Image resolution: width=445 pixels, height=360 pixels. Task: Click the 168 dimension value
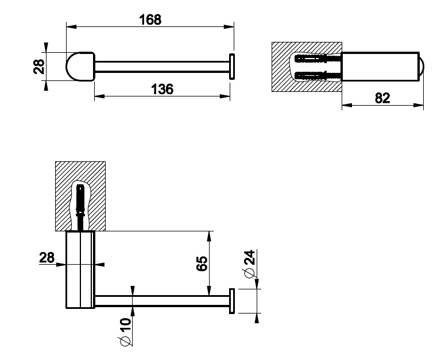point(150,20)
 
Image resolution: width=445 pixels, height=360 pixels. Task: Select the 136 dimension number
point(162,89)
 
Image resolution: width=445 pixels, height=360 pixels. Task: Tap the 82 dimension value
point(382,98)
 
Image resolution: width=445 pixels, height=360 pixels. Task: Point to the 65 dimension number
point(202,264)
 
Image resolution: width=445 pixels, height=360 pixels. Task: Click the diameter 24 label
point(249,264)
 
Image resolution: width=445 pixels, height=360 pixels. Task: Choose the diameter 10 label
point(125,332)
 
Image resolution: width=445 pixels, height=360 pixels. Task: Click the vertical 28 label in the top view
point(39,67)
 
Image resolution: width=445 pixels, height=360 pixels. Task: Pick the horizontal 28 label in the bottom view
point(47,258)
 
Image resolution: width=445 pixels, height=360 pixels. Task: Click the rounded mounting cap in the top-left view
point(80,67)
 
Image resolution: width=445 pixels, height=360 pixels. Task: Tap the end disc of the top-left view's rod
point(232,67)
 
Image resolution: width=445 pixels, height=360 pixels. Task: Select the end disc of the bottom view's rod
point(232,301)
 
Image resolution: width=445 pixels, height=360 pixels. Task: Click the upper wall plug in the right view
point(318,59)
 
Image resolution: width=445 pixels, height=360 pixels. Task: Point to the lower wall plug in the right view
point(318,75)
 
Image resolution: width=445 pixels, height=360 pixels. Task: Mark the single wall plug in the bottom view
point(80,208)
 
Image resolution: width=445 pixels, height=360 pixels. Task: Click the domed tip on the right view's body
point(421,67)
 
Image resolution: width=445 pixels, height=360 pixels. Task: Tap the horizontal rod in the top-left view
point(162,67)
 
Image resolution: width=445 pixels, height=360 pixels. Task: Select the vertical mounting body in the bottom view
point(80,269)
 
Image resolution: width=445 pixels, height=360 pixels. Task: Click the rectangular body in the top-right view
point(380,67)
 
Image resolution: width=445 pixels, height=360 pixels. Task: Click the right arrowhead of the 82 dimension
point(419,105)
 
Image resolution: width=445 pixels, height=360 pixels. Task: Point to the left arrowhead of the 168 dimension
point(71,26)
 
